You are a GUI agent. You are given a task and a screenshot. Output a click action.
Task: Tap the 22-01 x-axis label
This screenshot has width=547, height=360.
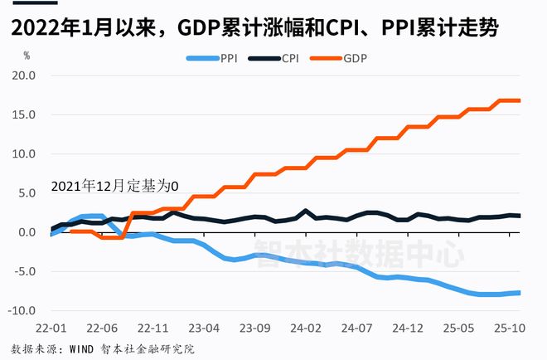click(x=51, y=328)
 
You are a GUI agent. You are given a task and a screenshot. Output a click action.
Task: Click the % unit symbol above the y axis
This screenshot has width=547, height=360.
click(x=27, y=56)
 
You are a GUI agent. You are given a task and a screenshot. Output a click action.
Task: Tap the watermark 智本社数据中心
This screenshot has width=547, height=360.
click(x=359, y=254)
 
